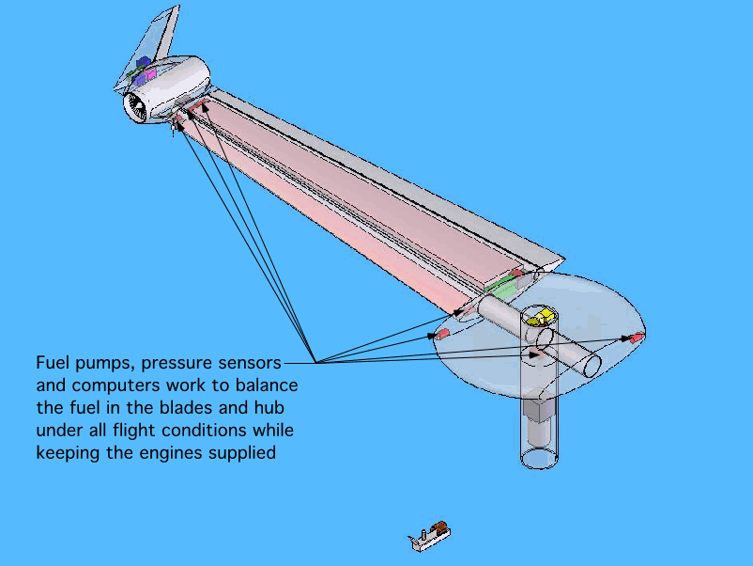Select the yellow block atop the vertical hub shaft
pos(542,317)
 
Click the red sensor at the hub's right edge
pos(637,336)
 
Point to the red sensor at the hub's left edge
pos(441,334)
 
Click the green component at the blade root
pos(500,289)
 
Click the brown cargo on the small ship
pos(438,528)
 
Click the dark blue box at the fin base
pos(142,63)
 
